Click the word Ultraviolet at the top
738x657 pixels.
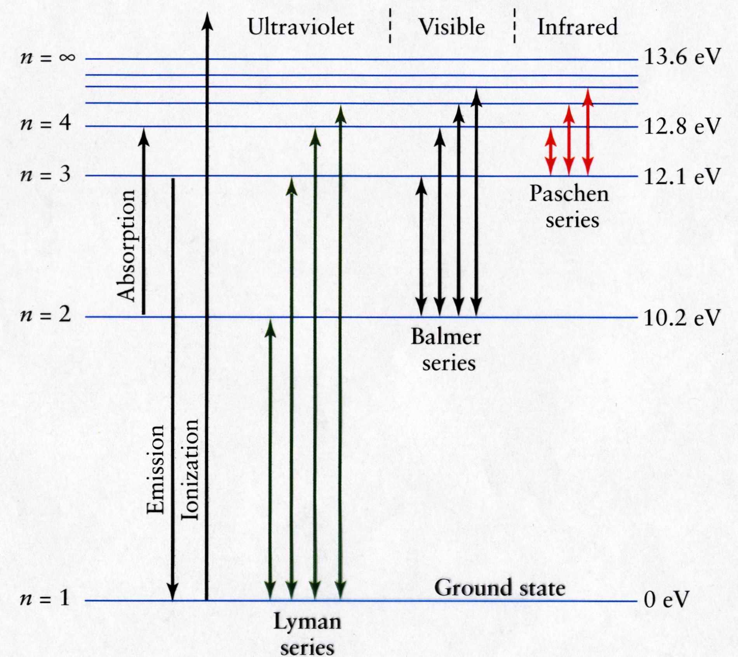coord(301,27)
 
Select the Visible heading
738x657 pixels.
coord(452,27)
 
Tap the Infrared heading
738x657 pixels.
coord(577,27)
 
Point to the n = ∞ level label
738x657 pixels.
coord(47,57)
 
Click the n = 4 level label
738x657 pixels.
coord(46,124)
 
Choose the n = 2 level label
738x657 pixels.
coord(46,315)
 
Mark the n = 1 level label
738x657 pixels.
coord(45,598)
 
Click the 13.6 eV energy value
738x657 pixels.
coord(682,57)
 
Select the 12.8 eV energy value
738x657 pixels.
coord(682,126)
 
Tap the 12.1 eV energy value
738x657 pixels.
coord(682,177)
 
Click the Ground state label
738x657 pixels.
coord(500,587)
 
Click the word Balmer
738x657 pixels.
coord(446,337)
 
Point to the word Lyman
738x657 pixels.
coord(307,622)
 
